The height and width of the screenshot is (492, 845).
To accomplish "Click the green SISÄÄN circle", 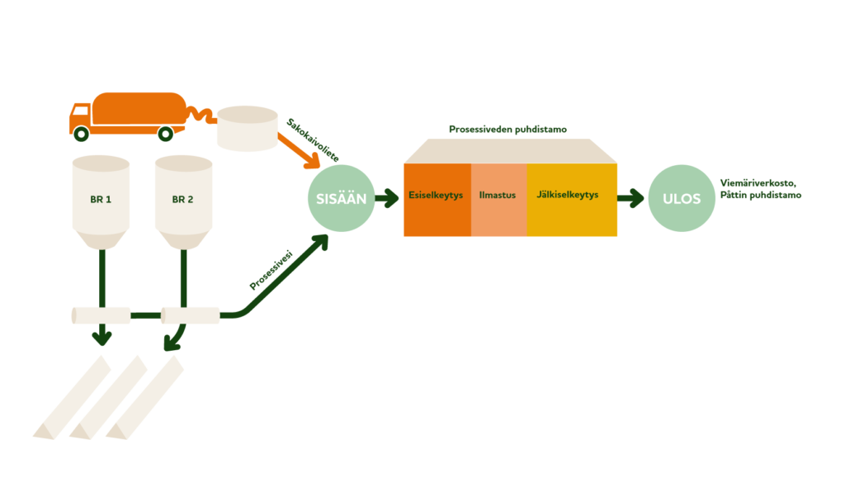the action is (x=341, y=198).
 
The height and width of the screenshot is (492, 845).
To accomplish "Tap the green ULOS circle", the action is (x=682, y=198).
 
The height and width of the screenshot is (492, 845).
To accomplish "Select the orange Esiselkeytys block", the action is (x=437, y=200).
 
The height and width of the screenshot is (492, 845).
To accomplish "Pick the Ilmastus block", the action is (x=499, y=200).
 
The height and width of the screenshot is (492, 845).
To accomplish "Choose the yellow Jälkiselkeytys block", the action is (x=572, y=200).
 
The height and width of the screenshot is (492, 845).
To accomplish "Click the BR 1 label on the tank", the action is (x=101, y=200).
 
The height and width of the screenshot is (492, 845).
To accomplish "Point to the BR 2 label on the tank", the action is (x=182, y=200).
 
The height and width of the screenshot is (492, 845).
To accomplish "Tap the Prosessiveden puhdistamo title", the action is (x=507, y=130).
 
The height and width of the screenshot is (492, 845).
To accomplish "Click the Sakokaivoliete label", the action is (x=313, y=140).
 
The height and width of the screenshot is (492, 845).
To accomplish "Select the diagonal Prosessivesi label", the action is (x=271, y=270).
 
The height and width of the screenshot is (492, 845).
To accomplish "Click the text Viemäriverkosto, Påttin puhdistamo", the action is (x=760, y=189).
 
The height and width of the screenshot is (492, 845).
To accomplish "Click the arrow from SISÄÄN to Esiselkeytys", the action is (x=387, y=198).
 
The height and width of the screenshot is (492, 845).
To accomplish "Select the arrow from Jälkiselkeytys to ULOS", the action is (x=630, y=198).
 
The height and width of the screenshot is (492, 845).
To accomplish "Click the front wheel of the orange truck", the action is (x=82, y=133).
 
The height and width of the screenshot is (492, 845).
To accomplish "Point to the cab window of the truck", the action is (x=80, y=111).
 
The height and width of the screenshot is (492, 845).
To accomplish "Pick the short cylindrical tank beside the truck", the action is (x=248, y=129).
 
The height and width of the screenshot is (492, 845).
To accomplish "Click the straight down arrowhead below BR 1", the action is (x=101, y=338).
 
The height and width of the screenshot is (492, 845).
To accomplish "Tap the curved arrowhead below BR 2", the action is (x=172, y=343).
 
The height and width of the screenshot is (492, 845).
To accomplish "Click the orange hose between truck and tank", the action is (x=201, y=114).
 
